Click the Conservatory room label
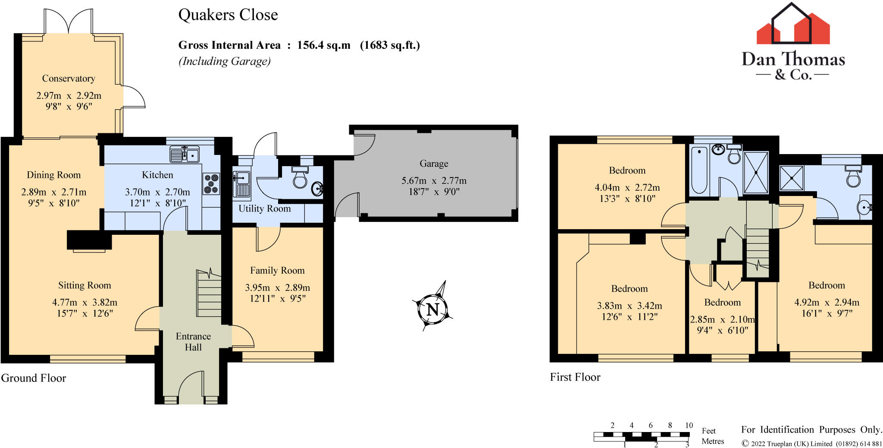69,79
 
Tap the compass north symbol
432,309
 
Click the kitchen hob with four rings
211,183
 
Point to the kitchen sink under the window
185,155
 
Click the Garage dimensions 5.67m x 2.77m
434,181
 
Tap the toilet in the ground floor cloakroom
300,177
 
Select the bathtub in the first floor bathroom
699,170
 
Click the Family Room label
277,271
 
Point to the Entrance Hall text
193,342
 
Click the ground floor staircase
209,293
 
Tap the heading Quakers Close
228,15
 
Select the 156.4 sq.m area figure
323,45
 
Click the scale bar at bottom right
642,436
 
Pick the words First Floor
575,377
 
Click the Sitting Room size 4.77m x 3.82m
85,303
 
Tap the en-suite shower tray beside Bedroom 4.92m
792,178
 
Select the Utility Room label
264,209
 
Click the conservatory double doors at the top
68,24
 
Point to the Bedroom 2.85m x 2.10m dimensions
723,320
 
